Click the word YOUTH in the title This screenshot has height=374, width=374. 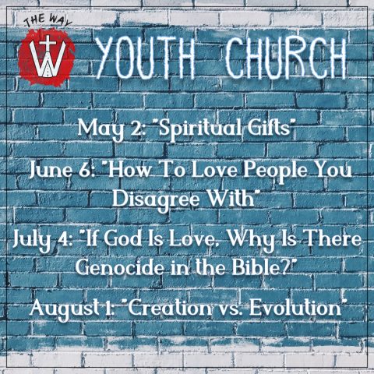click(x=146, y=58)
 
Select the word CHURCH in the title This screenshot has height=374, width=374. click(x=286, y=58)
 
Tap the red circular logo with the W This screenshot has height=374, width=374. click(x=47, y=57)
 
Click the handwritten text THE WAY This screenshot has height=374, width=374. click(x=48, y=21)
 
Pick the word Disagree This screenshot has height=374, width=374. click(x=158, y=200)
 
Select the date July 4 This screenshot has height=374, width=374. click(x=42, y=240)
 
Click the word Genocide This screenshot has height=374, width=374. click(x=120, y=267)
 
